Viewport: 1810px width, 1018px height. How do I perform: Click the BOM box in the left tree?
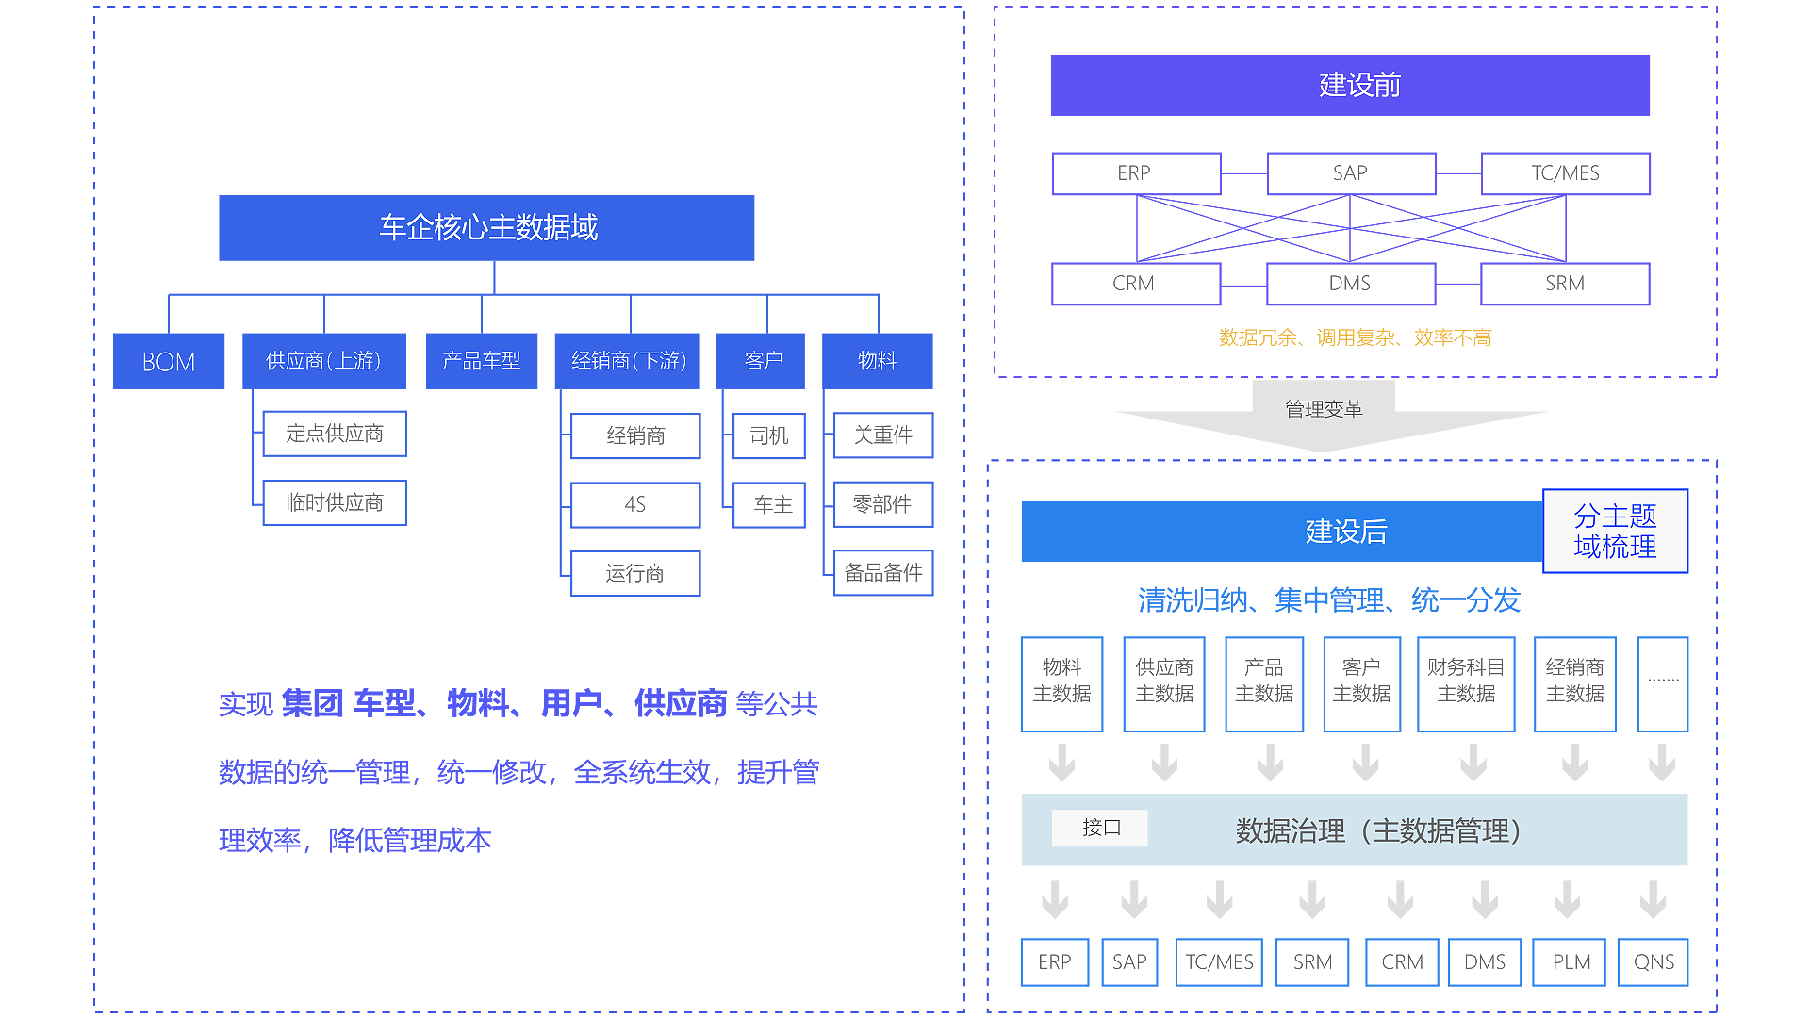click(x=168, y=361)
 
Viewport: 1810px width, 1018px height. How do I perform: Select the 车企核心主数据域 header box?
click(x=486, y=227)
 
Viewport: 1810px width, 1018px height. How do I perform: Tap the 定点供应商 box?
click(x=335, y=434)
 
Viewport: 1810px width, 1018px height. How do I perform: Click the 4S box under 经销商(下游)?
click(x=635, y=504)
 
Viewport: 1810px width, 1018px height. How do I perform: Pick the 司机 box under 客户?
click(x=769, y=435)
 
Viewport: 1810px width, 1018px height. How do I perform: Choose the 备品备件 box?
click(x=883, y=572)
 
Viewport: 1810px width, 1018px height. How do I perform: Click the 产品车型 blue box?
click(x=481, y=361)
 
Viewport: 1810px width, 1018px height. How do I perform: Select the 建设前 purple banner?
click(x=1350, y=85)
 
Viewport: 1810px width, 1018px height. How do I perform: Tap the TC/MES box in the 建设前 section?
click(x=1565, y=173)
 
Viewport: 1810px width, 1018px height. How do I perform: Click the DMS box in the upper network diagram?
click(x=1350, y=284)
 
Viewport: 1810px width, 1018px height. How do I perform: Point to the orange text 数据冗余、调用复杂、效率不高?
click(x=1355, y=337)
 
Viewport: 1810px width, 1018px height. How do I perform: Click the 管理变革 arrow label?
click(x=1324, y=409)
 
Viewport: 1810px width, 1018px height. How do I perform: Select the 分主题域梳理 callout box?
click(x=1615, y=531)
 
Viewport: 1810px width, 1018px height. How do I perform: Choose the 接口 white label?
click(x=1100, y=828)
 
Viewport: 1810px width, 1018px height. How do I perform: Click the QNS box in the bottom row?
click(x=1654, y=961)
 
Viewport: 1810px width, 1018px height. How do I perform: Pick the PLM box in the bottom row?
click(x=1571, y=961)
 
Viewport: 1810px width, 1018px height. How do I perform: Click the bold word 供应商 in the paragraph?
click(x=681, y=703)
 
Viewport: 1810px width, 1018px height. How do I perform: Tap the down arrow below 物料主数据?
click(x=1062, y=763)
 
